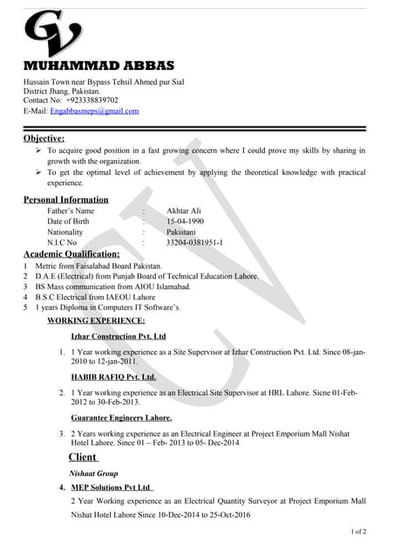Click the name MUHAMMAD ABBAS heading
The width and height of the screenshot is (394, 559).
(98, 66)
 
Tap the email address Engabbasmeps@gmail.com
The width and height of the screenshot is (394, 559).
(95, 112)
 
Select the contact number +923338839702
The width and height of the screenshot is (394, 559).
(92, 100)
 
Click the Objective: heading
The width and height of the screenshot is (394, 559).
(44, 138)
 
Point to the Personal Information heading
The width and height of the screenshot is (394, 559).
(65, 200)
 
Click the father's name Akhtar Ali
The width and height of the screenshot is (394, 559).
(185, 211)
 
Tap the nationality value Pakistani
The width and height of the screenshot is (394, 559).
(181, 232)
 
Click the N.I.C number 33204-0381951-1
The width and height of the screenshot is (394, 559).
(194, 243)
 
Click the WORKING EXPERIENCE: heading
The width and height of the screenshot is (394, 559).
(96, 321)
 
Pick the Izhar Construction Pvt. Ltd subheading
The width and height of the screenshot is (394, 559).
(118, 336)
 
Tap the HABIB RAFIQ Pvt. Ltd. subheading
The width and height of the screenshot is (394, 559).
(113, 377)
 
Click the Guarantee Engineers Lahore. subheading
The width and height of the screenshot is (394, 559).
(121, 418)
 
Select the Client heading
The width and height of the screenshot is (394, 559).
(83, 457)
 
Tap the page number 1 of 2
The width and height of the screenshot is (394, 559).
(357, 531)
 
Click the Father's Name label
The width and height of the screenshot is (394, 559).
(71, 211)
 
